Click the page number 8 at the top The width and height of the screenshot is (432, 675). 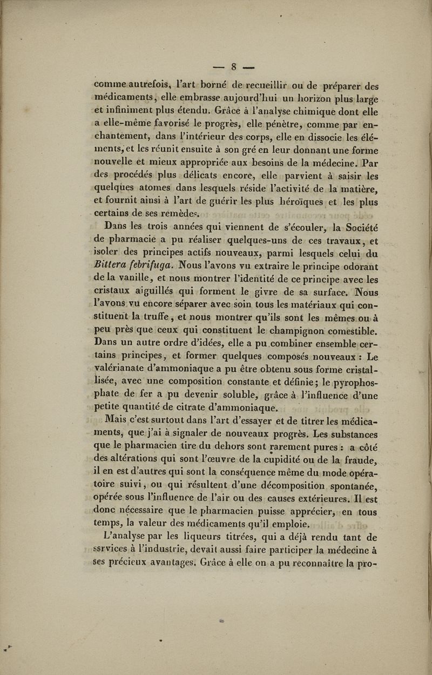[x=234, y=67]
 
